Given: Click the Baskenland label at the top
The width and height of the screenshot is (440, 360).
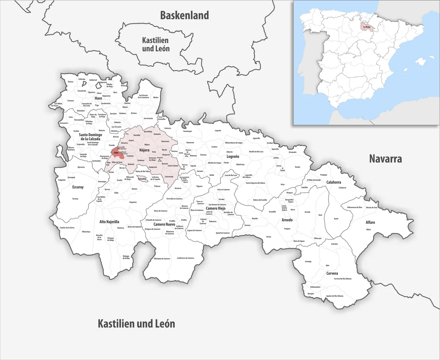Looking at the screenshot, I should [x=185, y=15].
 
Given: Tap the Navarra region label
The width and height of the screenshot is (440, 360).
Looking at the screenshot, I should [x=385, y=159].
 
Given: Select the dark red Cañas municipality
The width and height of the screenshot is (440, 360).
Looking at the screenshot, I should [x=116, y=153].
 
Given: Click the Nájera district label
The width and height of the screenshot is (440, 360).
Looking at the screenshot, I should [x=144, y=150].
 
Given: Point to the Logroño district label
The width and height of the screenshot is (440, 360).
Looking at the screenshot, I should [x=233, y=156].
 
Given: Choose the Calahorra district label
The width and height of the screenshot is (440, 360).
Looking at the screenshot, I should [x=333, y=182].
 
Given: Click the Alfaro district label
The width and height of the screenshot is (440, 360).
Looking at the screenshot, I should [x=370, y=222].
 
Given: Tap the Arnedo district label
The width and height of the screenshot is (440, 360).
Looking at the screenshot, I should [x=287, y=220].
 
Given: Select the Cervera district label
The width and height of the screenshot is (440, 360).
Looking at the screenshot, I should [x=332, y=273].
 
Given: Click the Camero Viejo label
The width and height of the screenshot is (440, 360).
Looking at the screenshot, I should [x=216, y=208].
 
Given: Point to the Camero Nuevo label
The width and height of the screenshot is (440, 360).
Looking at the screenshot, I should [x=164, y=224].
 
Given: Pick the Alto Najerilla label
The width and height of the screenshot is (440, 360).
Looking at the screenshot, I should [x=109, y=222].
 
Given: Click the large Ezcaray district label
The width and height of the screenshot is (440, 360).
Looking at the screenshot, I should [x=78, y=187].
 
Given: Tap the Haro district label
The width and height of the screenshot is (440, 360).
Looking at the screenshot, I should [x=98, y=98].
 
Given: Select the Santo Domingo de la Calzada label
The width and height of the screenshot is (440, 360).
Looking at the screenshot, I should [x=90, y=137].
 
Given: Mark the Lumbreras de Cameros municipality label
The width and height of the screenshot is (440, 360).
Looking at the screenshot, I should [x=186, y=258].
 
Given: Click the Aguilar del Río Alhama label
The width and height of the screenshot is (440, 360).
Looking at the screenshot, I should [x=334, y=296].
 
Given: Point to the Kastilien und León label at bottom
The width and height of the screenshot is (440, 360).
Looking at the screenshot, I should [x=136, y=324].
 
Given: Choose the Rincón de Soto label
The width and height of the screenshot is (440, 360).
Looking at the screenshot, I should [x=372, y=207].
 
